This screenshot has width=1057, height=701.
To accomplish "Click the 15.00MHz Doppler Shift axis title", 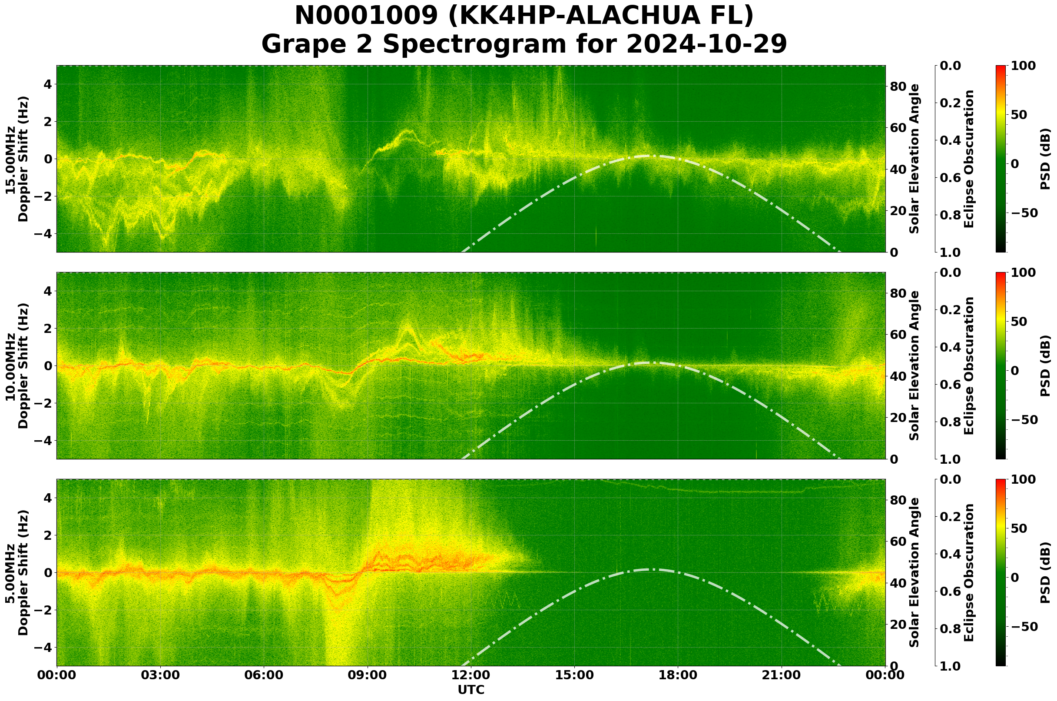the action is point(17,159).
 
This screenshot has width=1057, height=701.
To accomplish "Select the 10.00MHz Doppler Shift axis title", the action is point(17,365).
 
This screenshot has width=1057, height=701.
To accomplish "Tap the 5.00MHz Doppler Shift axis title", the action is point(17,573).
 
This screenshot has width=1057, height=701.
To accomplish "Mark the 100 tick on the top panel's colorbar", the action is point(1023,66).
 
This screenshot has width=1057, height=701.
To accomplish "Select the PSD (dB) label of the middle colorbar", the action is point(1045,365).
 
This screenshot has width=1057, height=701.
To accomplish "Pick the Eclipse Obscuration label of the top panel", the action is point(968,159).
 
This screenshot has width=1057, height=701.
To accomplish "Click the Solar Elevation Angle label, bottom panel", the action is point(915,573).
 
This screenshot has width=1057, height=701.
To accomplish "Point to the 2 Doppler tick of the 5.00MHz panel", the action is point(47,535).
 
